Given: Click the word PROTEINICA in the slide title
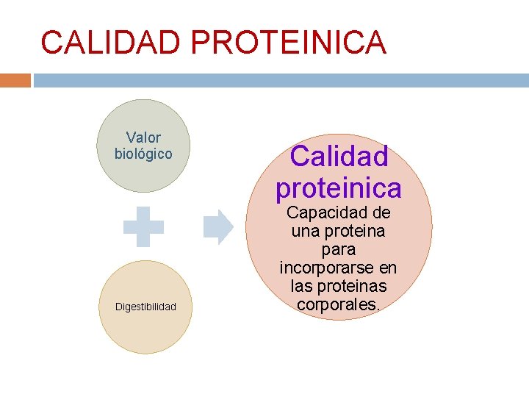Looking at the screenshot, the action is [x=289, y=43].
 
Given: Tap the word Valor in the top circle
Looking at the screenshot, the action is [x=143, y=137].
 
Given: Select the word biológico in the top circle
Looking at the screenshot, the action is [x=143, y=154].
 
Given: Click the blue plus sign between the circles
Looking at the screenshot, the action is [x=143, y=225].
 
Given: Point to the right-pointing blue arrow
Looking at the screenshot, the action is [x=217, y=226].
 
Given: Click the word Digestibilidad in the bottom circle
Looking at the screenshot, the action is [x=145, y=307].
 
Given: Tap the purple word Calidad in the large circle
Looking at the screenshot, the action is [x=339, y=156].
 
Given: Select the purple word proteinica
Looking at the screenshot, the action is [x=339, y=188].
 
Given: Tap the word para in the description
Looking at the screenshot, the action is [x=339, y=249].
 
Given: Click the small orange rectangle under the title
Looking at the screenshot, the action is [x=15, y=80].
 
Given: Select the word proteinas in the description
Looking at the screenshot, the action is [x=355, y=285].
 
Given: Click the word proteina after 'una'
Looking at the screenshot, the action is [x=356, y=231].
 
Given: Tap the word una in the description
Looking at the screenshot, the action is [x=306, y=231].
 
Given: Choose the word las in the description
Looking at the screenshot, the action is [x=304, y=285].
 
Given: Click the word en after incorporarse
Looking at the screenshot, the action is [x=389, y=268].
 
